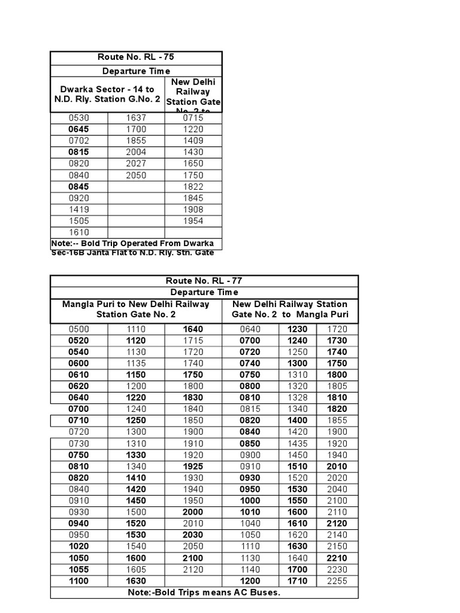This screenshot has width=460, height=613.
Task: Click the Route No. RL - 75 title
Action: coord(136,58)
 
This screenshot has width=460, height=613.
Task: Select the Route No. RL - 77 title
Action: coord(204,281)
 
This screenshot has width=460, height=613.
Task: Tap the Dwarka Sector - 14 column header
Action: coord(107,94)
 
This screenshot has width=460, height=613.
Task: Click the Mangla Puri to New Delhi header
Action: coord(136,309)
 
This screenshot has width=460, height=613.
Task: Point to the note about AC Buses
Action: coord(204,593)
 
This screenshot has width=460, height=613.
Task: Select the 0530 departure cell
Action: coord(78,118)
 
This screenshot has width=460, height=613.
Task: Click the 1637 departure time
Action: coord(136,118)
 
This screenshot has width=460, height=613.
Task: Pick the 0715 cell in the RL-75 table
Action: coord(193,118)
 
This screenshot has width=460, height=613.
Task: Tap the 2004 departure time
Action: coord(136,152)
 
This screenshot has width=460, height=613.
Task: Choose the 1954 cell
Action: coord(193,221)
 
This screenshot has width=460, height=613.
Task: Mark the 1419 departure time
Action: coord(78,210)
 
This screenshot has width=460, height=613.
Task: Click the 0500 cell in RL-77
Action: coord(78,329)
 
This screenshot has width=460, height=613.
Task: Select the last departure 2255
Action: coord(337,581)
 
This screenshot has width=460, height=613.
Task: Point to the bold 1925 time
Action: coord(193,466)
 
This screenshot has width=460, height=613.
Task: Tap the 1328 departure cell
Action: coord(298,397)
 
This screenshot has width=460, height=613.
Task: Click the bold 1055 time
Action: coord(78,569)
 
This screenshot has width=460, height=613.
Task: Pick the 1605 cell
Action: coord(136,569)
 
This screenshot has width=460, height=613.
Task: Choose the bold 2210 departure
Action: coord(337,558)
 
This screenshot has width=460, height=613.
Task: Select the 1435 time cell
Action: coord(298,444)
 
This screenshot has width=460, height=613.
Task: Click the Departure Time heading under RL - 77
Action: coord(204,292)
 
